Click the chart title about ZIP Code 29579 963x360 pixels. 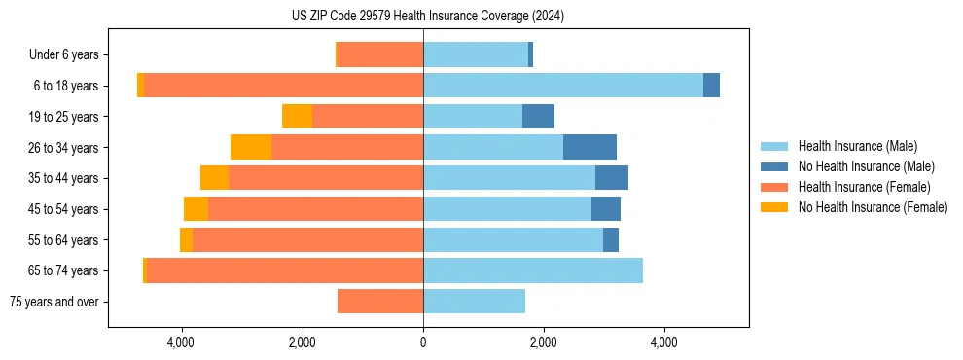pos(427,16)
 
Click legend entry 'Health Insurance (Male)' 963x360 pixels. pos(857,146)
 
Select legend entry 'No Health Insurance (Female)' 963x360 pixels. pos(873,207)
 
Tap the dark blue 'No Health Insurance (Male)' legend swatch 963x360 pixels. pos(774,166)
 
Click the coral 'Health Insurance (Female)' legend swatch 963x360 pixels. pos(774,187)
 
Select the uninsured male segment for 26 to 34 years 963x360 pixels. pos(589,147)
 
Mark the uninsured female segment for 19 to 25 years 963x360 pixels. pos(297,117)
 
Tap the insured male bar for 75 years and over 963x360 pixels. pos(474,302)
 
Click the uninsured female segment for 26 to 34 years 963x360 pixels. pos(251,147)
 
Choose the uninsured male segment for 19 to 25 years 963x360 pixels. pos(538,117)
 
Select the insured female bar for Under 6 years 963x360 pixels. pos(380,55)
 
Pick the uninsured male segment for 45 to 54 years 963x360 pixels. pos(605,209)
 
